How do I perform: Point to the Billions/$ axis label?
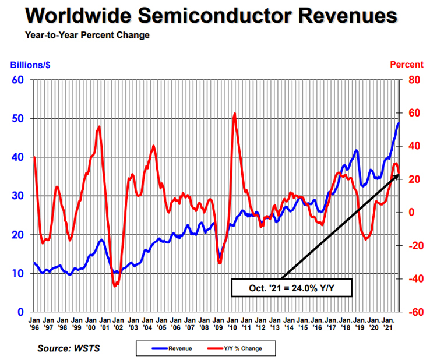[28, 65]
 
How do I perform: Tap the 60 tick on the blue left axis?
[18, 80]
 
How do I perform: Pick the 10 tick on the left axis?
[18, 273]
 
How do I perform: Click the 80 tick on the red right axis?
[413, 80]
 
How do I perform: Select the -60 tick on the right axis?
[414, 312]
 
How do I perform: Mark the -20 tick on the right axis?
[414, 246]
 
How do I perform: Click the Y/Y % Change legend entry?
[238, 348]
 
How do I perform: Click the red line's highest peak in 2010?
[234, 114]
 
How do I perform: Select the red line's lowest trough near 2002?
[115, 286]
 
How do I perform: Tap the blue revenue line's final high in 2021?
[399, 123]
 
